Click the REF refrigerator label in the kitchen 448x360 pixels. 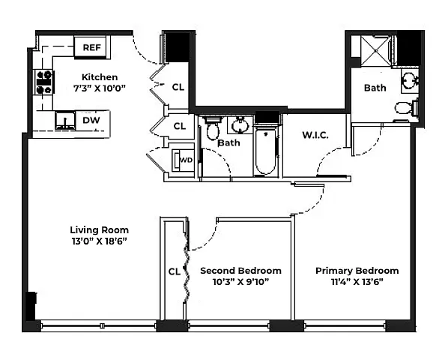pyautogui.click(x=91, y=47)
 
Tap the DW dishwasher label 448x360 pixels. pyautogui.click(x=91, y=120)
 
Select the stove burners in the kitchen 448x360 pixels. pyautogui.click(x=44, y=82)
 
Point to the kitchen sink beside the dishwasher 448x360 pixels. pyautogui.click(x=65, y=121)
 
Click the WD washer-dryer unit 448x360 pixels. pyautogui.click(x=183, y=160)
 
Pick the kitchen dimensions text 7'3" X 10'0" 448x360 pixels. pyautogui.click(x=100, y=88)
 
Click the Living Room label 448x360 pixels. pyautogui.click(x=100, y=230)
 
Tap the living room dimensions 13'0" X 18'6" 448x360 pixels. pyautogui.click(x=99, y=241)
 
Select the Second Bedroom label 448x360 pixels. pyautogui.click(x=241, y=271)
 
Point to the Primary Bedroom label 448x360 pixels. pyautogui.click(x=357, y=271)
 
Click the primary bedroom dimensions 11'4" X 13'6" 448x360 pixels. pyautogui.click(x=357, y=282)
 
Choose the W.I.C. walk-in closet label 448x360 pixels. pyautogui.click(x=315, y=135)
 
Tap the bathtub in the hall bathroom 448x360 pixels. pyautogui.click(x=266, y=151)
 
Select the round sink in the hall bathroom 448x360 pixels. pyautogui.click(x=240, y=125)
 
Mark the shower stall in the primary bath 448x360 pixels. pyautogui.click(x=375, y=51)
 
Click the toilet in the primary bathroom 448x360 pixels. pyautogui.click(x=406, y=107)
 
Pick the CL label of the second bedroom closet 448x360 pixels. pyautogui.click(x=175, y=271)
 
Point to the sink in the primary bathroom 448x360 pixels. pyautogui.click(x=410, y=80)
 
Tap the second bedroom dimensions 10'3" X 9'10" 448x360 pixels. pyautogui.click(x=241, y=282)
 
